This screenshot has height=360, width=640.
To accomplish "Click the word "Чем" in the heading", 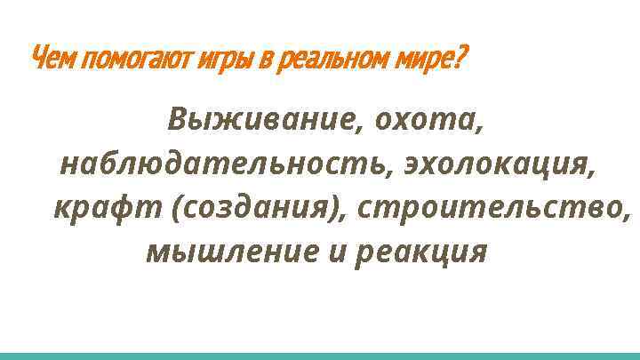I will [x=52, y=60].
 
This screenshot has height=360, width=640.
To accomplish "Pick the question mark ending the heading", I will [x=459, y=60].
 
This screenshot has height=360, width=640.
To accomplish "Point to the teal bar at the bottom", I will [x=320, y=355].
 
